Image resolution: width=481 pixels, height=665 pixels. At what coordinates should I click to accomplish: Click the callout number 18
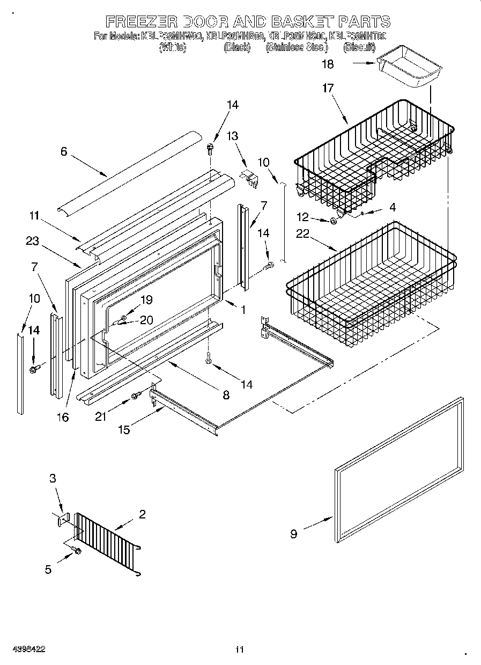(328, 64)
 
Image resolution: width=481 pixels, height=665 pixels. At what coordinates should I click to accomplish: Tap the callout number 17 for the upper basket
(328, 89)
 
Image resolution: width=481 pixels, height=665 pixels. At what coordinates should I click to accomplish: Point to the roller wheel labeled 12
(334, 221)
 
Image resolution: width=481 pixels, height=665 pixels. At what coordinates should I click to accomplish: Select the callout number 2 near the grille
(142, 514)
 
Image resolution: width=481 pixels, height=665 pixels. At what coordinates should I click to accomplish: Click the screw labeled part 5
(77, 551)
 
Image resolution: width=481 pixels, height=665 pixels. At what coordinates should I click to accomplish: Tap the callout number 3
(53, 478)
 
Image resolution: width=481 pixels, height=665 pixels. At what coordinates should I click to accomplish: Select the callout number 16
(63, 416)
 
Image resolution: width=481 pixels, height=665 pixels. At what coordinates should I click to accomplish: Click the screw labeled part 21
(135, 396)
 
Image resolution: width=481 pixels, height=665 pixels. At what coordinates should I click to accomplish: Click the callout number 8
(226, 395)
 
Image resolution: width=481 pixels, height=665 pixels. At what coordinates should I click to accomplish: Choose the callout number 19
(146, 300)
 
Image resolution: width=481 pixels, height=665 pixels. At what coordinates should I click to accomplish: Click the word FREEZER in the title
(141, 21)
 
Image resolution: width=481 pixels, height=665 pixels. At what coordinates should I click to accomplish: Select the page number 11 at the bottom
(239, 649)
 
